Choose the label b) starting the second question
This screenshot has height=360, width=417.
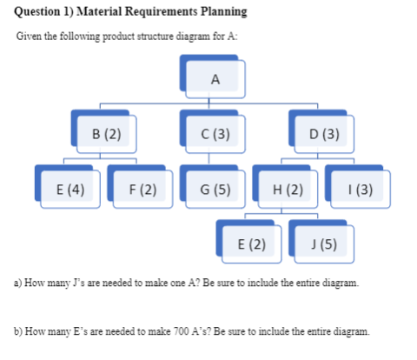tap(18, 331)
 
